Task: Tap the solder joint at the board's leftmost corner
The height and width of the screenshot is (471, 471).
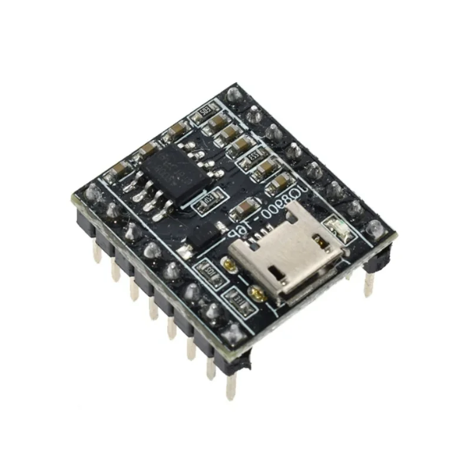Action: (91, 192)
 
